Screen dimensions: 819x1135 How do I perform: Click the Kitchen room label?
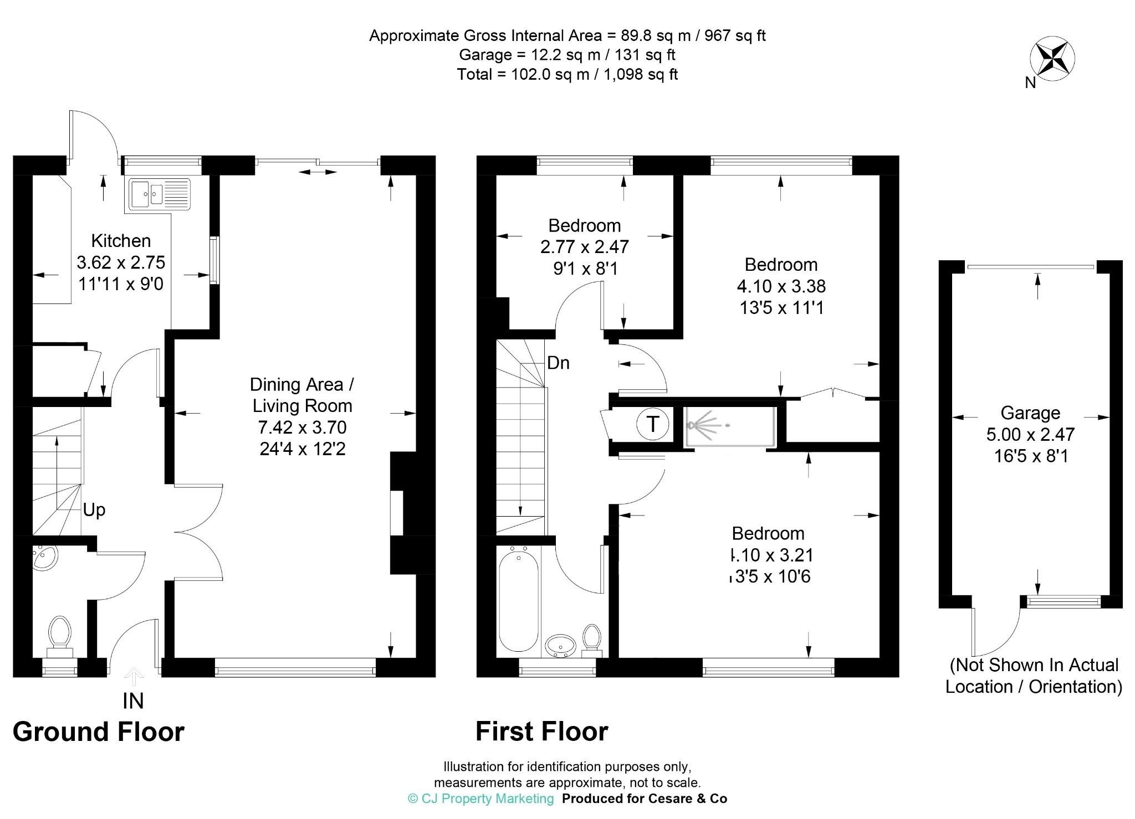[x=121, y=241]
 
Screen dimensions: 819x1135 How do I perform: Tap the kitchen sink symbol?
[x=160, y=194]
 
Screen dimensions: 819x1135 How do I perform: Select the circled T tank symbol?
[x=653, y=425]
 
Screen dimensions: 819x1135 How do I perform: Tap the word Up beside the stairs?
[x=94, y=509]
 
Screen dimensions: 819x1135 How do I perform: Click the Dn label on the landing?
[x=558, y=363]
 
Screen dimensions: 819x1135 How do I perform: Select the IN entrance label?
[x=133, y=701]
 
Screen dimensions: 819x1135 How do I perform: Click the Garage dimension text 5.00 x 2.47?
[x=1030, y=434]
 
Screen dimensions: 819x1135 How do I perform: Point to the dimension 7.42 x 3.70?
[x=302, y=427]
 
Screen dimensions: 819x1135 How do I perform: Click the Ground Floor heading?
[x=98, y=732]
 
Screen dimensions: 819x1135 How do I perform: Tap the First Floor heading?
[x=541, y=732]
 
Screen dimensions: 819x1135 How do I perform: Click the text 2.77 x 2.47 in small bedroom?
[x=584, y=246]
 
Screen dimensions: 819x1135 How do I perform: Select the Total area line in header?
[x=567, y=74]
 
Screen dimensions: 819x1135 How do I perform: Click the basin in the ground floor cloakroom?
[x=44, y=558]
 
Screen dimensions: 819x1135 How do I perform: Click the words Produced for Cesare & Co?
[x=644, y=799]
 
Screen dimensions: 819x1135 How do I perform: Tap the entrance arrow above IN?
[x=134, y=676]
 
